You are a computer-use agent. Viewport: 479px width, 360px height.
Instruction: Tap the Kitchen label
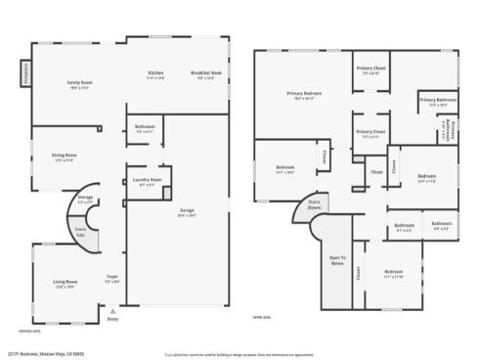[x=155, y=73]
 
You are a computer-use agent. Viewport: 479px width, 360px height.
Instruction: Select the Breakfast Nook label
[x=205, y=73]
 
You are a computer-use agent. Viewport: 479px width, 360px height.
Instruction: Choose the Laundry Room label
[x=147, y=181]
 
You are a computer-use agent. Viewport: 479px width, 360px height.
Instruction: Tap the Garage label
[x=186, y=210]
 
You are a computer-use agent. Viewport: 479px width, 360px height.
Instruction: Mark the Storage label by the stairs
[x=85, y=199]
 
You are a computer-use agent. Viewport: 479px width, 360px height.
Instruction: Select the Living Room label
[x=65, y=285]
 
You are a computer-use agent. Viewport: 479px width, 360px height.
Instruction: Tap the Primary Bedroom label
[x=305, y=94]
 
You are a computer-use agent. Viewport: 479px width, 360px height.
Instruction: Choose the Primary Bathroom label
[x=438, y=101]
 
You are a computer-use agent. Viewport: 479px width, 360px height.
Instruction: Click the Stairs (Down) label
[x=314, y=205]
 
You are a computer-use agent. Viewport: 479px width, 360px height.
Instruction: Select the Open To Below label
[x=336, y=261]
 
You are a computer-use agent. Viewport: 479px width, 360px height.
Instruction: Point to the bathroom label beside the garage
[x=146, y=128]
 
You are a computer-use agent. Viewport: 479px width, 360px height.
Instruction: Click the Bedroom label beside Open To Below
[x=393, y=273]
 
